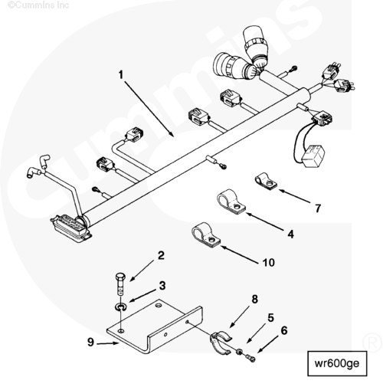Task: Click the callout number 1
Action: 121,74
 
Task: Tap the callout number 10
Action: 269,262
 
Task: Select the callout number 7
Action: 318,208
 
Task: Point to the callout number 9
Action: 90,342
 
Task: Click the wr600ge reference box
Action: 337,363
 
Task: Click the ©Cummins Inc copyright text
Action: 38,5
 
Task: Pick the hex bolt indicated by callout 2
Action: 120,284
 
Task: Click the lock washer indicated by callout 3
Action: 120,307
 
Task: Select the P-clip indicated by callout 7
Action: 266,181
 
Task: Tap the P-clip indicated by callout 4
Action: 231,202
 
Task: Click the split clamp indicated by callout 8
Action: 221,343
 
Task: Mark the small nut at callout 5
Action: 240,352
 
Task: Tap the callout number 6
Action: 284,330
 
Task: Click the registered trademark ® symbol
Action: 372,343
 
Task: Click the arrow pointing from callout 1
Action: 149,109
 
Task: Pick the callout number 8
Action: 255,299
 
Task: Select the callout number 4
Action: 290,234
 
